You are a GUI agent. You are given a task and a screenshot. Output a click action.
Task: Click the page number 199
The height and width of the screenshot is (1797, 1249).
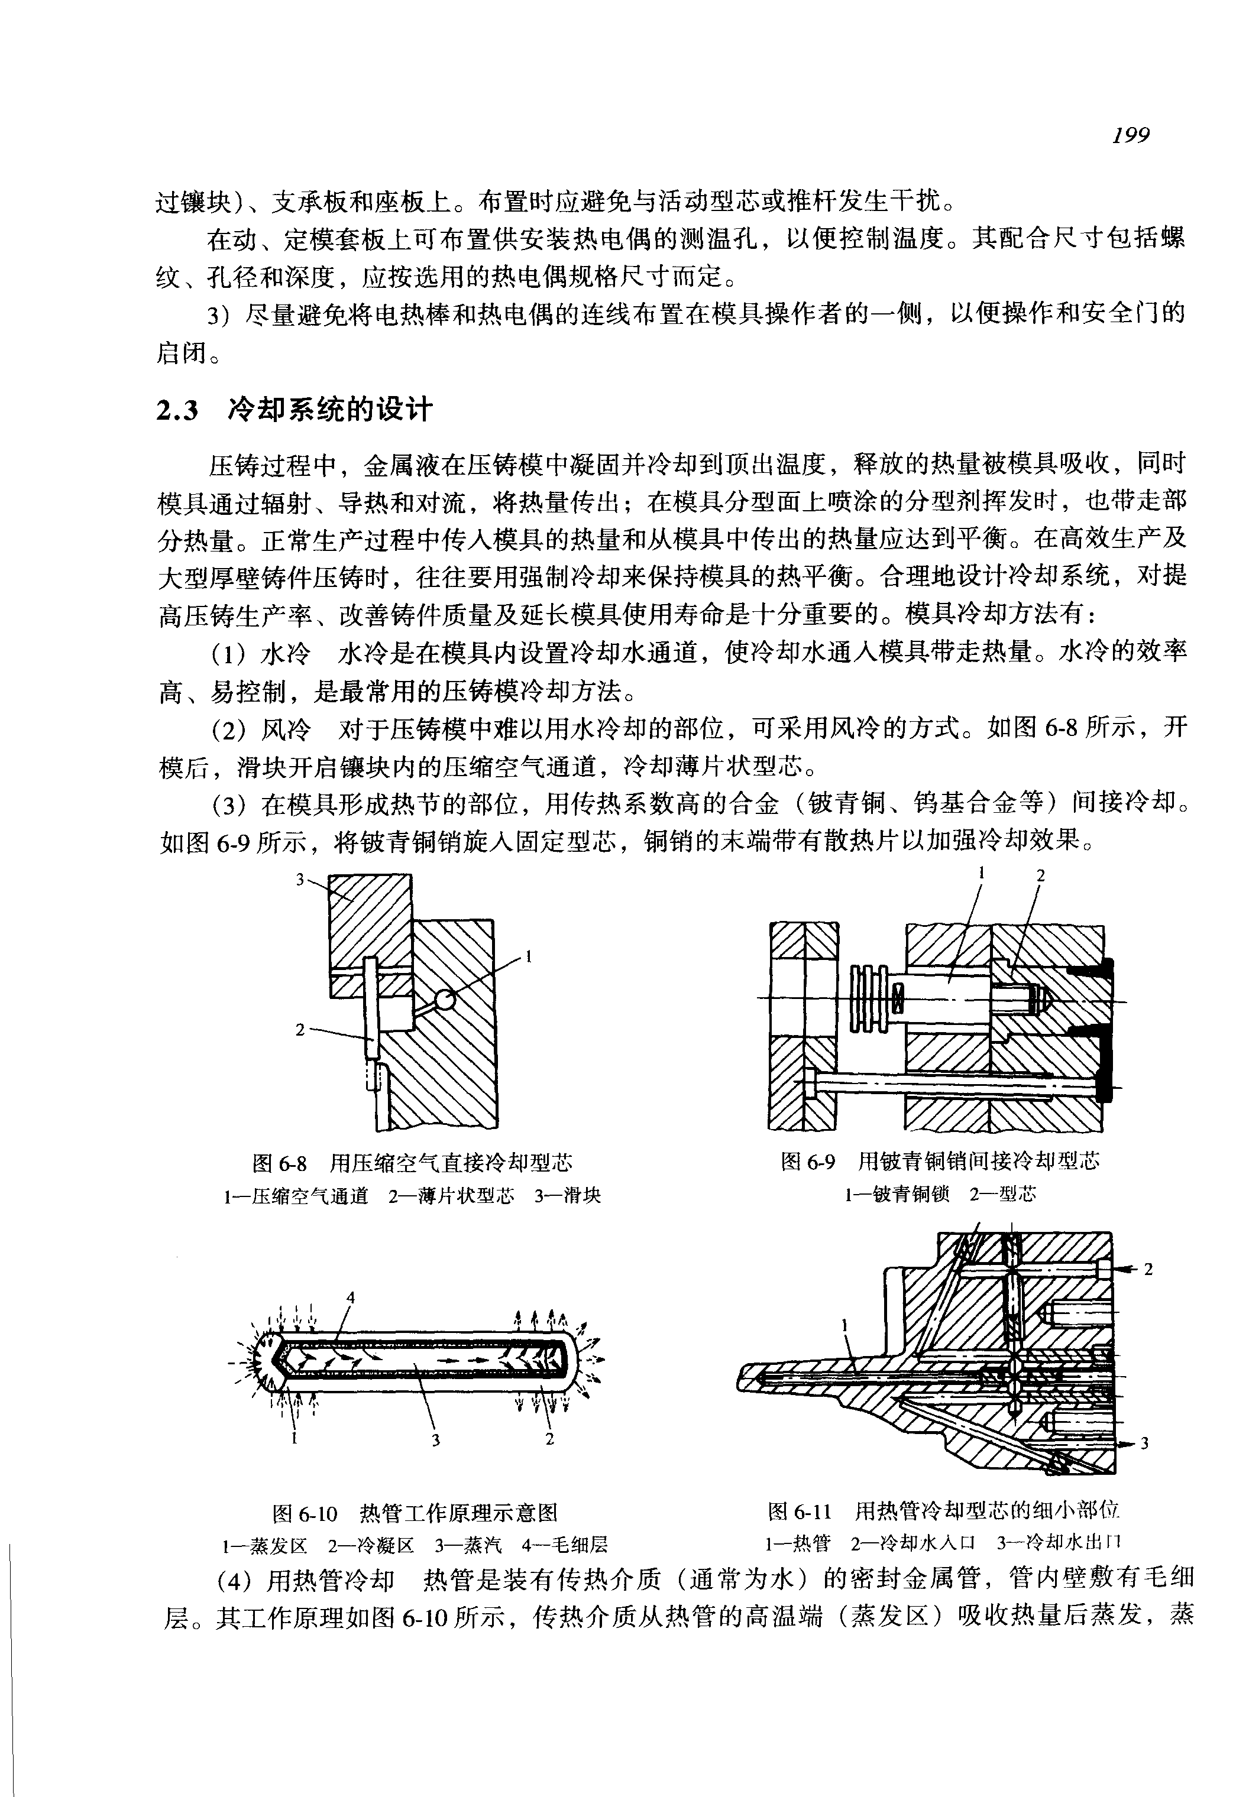(1131, 135)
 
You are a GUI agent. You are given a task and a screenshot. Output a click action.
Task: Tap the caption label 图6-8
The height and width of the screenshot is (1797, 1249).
(279, 1163)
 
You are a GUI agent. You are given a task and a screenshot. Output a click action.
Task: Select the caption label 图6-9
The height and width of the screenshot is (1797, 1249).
(808, 1161)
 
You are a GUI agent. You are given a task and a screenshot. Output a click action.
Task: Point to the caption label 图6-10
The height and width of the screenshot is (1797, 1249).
(305, 1514)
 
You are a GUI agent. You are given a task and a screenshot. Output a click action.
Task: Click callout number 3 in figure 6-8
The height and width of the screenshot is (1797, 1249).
(300, 880)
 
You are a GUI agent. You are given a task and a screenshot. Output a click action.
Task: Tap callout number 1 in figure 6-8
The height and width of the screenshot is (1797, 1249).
(529, 955)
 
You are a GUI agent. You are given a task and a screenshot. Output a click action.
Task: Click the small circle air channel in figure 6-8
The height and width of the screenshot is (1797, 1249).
(445, 1000)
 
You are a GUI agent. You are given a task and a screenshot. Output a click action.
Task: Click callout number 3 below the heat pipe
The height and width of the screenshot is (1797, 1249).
(435, 1439)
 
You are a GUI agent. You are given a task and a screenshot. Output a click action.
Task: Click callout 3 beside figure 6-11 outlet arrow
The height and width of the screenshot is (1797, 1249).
(1144, 1442)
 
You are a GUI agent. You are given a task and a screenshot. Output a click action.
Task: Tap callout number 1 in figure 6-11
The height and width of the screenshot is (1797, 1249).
(844, 1325)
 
